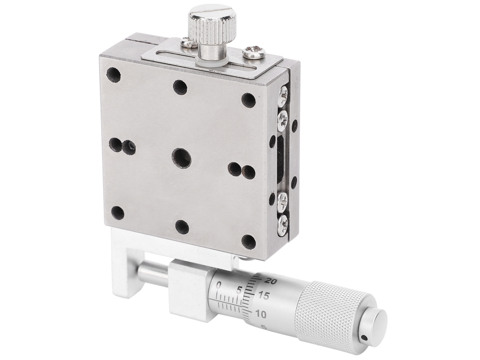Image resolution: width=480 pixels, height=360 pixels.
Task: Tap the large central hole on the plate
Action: click(181, 158)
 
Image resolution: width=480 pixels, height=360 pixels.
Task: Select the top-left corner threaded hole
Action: click(113, 75)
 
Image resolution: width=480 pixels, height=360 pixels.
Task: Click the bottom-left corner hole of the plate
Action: click(117, 213)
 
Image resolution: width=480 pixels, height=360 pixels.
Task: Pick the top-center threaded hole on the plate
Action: click(180, 87)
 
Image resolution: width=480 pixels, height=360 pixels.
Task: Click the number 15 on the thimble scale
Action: click(264, 296)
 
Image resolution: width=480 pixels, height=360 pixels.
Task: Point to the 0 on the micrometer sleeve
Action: click(219, 285)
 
